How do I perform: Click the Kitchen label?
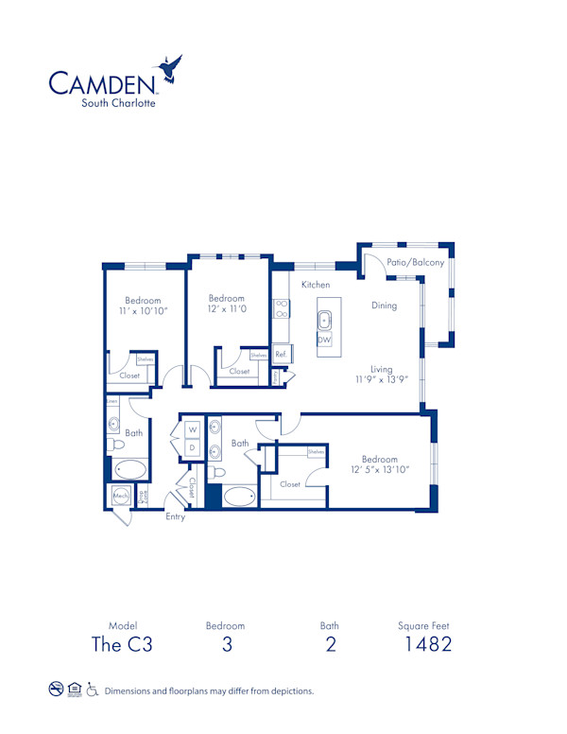[316, 285]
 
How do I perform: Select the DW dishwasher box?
[324, 340]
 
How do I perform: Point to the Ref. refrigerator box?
[281, 355]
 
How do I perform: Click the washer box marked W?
[192, 429]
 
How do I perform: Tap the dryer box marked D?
[192, 447]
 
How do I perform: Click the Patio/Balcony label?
[416, 263]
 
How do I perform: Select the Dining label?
[384, 306]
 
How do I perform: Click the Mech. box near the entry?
[121, 496]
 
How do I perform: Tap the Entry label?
[176, 517]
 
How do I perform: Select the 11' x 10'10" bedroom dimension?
[138, 310]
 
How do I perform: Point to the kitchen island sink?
[324, 319]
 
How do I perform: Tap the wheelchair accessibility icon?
[93, 690]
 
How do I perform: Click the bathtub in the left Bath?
[129, 469]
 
